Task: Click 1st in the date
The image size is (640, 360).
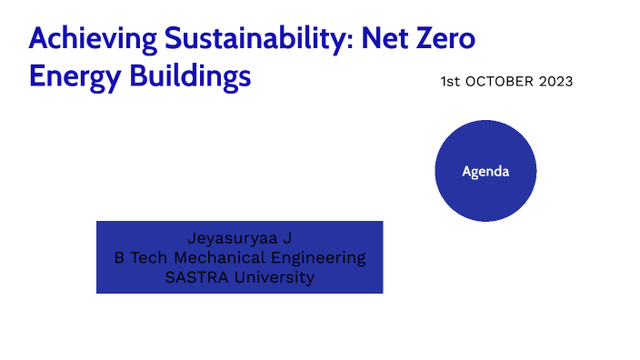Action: pyautogui.click(x=450, y=82)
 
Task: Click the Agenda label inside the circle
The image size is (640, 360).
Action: pyautogui.click(x=485, y=171)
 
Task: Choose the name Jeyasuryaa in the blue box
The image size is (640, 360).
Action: pyautogui.click(x=232, y=239)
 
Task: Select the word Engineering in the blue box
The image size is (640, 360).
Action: pyautogui.click(x=315, y=258)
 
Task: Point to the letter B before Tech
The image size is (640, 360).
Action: pyautogui.click(x=119, y=258)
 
